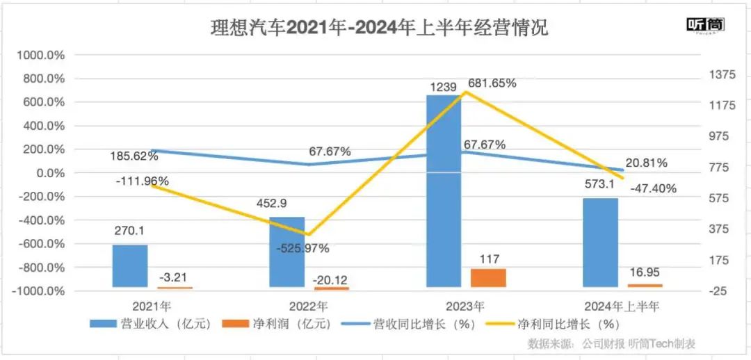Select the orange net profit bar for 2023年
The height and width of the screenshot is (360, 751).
tap(489, 278)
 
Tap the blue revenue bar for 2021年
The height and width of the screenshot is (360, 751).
tap(130, 265)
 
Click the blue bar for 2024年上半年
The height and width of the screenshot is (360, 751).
tap(600, 242)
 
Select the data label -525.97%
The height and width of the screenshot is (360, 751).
tap(301, 248)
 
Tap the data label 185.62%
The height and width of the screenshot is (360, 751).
tap(134, 156)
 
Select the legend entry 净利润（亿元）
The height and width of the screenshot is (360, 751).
tap(278, 324)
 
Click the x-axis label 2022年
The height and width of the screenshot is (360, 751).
tap(309, 306)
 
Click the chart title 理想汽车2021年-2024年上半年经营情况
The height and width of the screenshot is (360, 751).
tap(380, 28)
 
